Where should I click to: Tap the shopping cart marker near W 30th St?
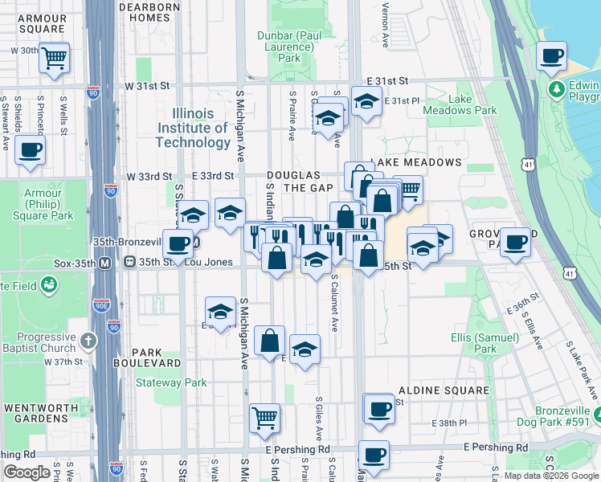click(55, 58)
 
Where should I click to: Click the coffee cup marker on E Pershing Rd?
click(374, 455)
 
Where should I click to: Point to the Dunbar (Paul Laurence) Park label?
click(288, 47)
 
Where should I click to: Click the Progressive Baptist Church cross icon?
click(89, 341)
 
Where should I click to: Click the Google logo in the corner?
click(27, 472)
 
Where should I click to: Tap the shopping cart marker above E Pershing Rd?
click(264, 418)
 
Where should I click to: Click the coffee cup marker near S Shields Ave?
click(30, 150)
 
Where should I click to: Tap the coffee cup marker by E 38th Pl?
click(379, 409)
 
